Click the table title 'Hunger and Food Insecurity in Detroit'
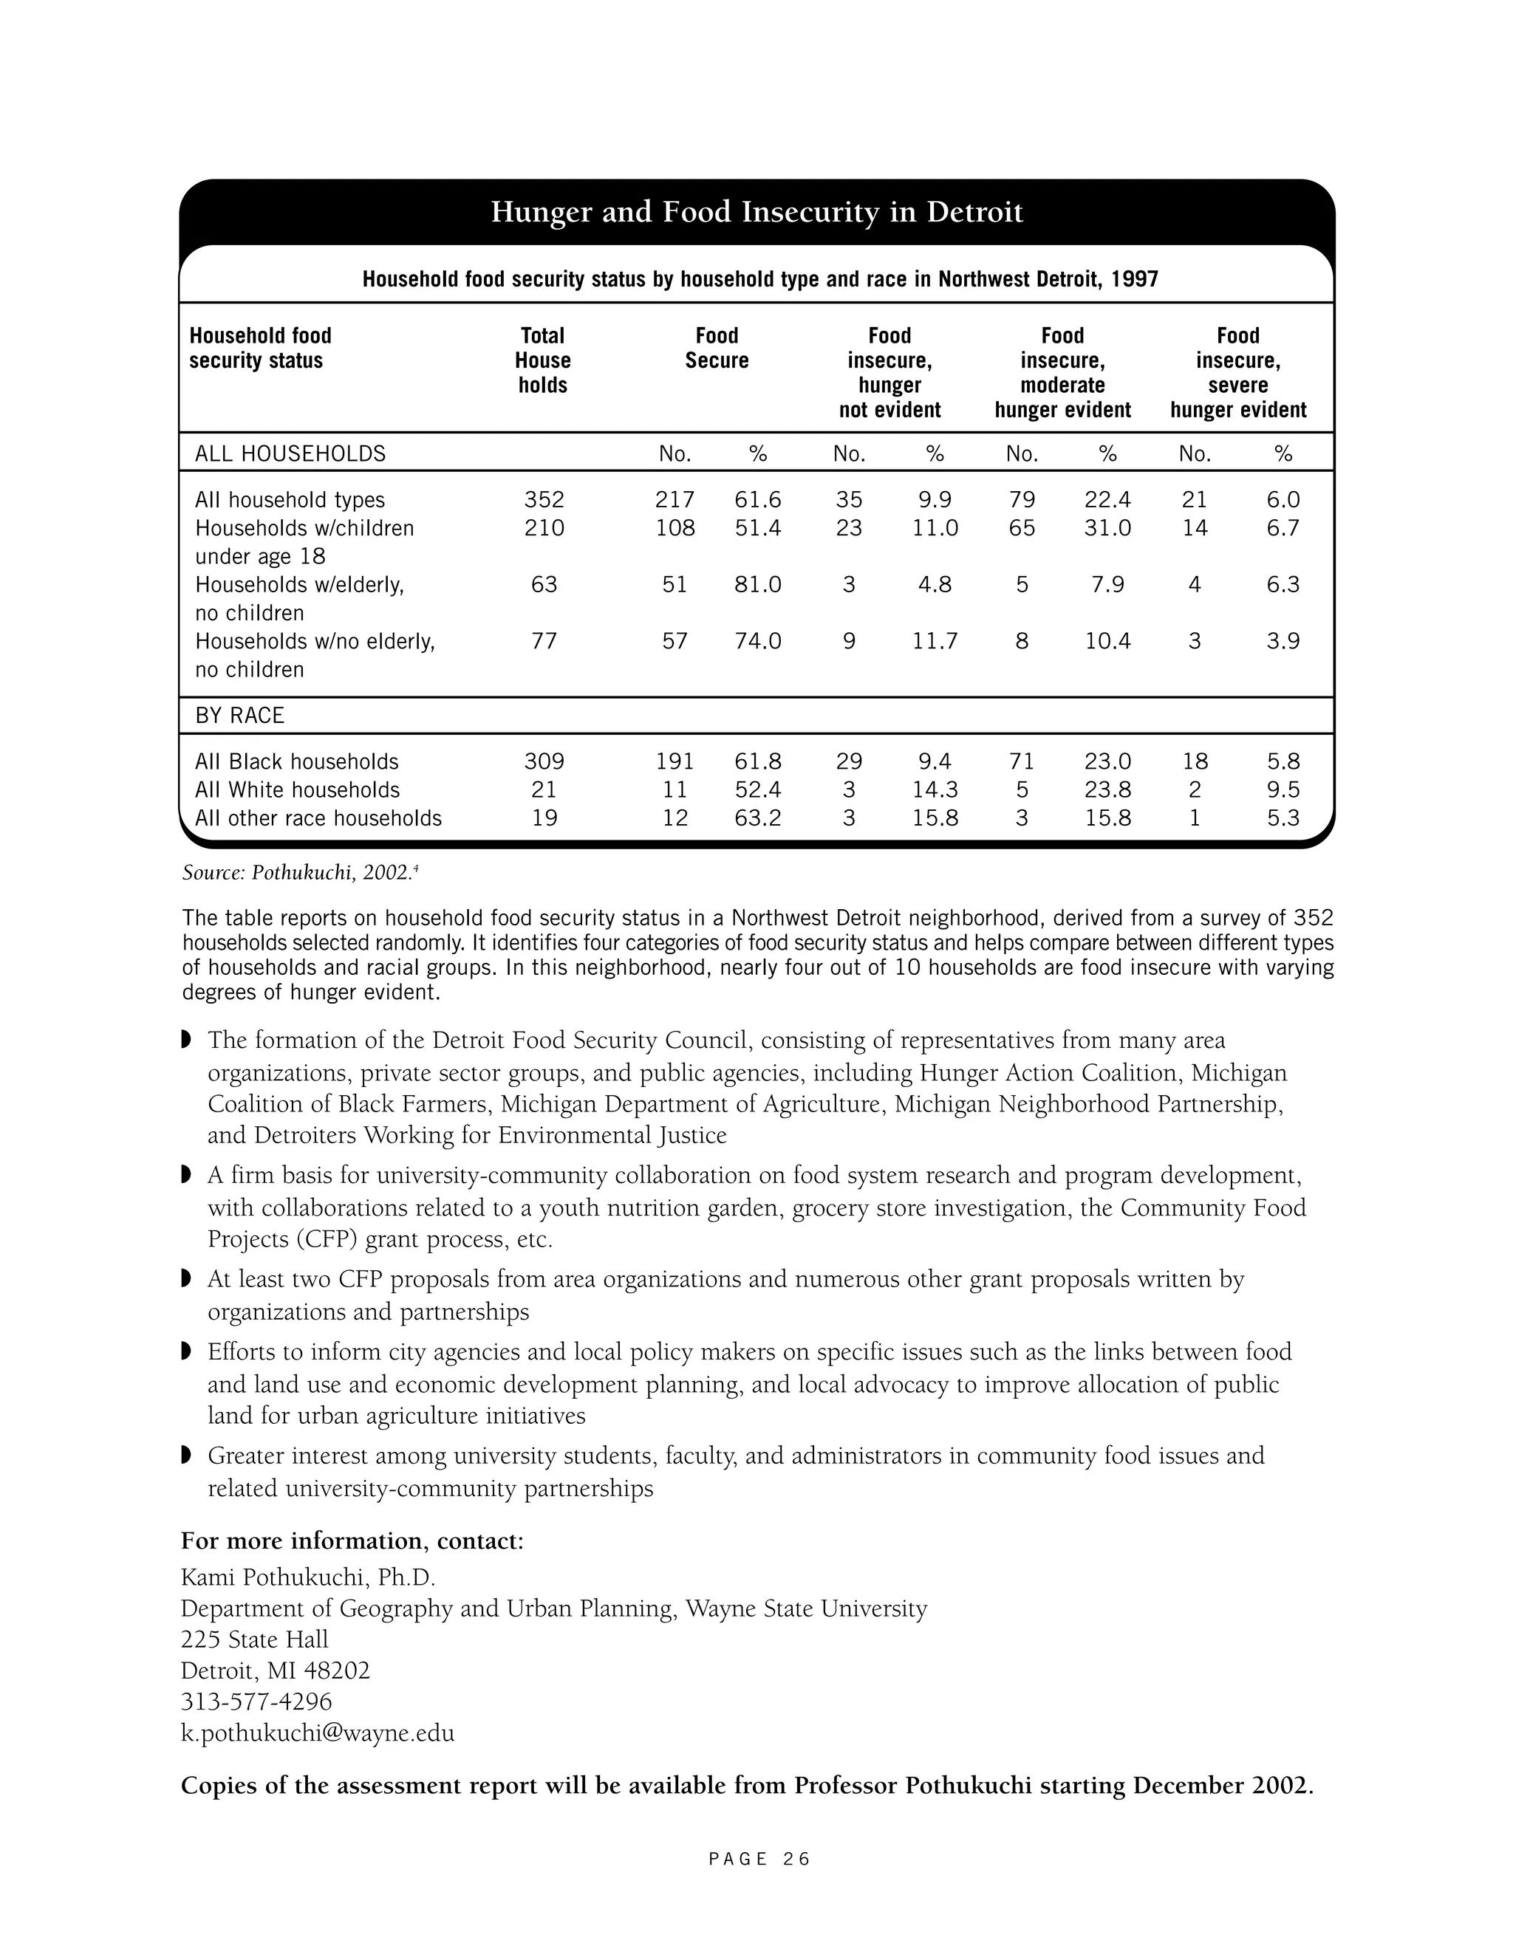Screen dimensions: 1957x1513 [x=756, y=213]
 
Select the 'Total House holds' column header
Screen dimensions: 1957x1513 [x=542, y=360]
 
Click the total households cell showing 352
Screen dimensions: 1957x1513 [x=544, y=500]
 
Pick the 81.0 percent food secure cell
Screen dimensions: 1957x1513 [x=757, y=585]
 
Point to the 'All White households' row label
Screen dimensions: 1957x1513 [x=297, y=790]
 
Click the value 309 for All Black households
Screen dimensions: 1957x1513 [x=544, y=761]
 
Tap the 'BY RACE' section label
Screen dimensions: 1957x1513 [x=239, y=716]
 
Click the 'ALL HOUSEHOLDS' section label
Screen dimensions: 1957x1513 [x=290, y=454]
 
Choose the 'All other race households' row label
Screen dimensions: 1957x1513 [x=318, y=818]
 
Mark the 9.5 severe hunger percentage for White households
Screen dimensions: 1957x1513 [x=1283, y=790]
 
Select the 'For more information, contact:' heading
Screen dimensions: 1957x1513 [x=352, y=1541]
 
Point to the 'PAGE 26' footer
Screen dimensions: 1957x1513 [x=758, y=1860]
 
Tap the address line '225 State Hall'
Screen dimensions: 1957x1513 [x=255, y=1639]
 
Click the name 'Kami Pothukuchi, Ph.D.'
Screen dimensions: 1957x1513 [x=307, y=1577]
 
